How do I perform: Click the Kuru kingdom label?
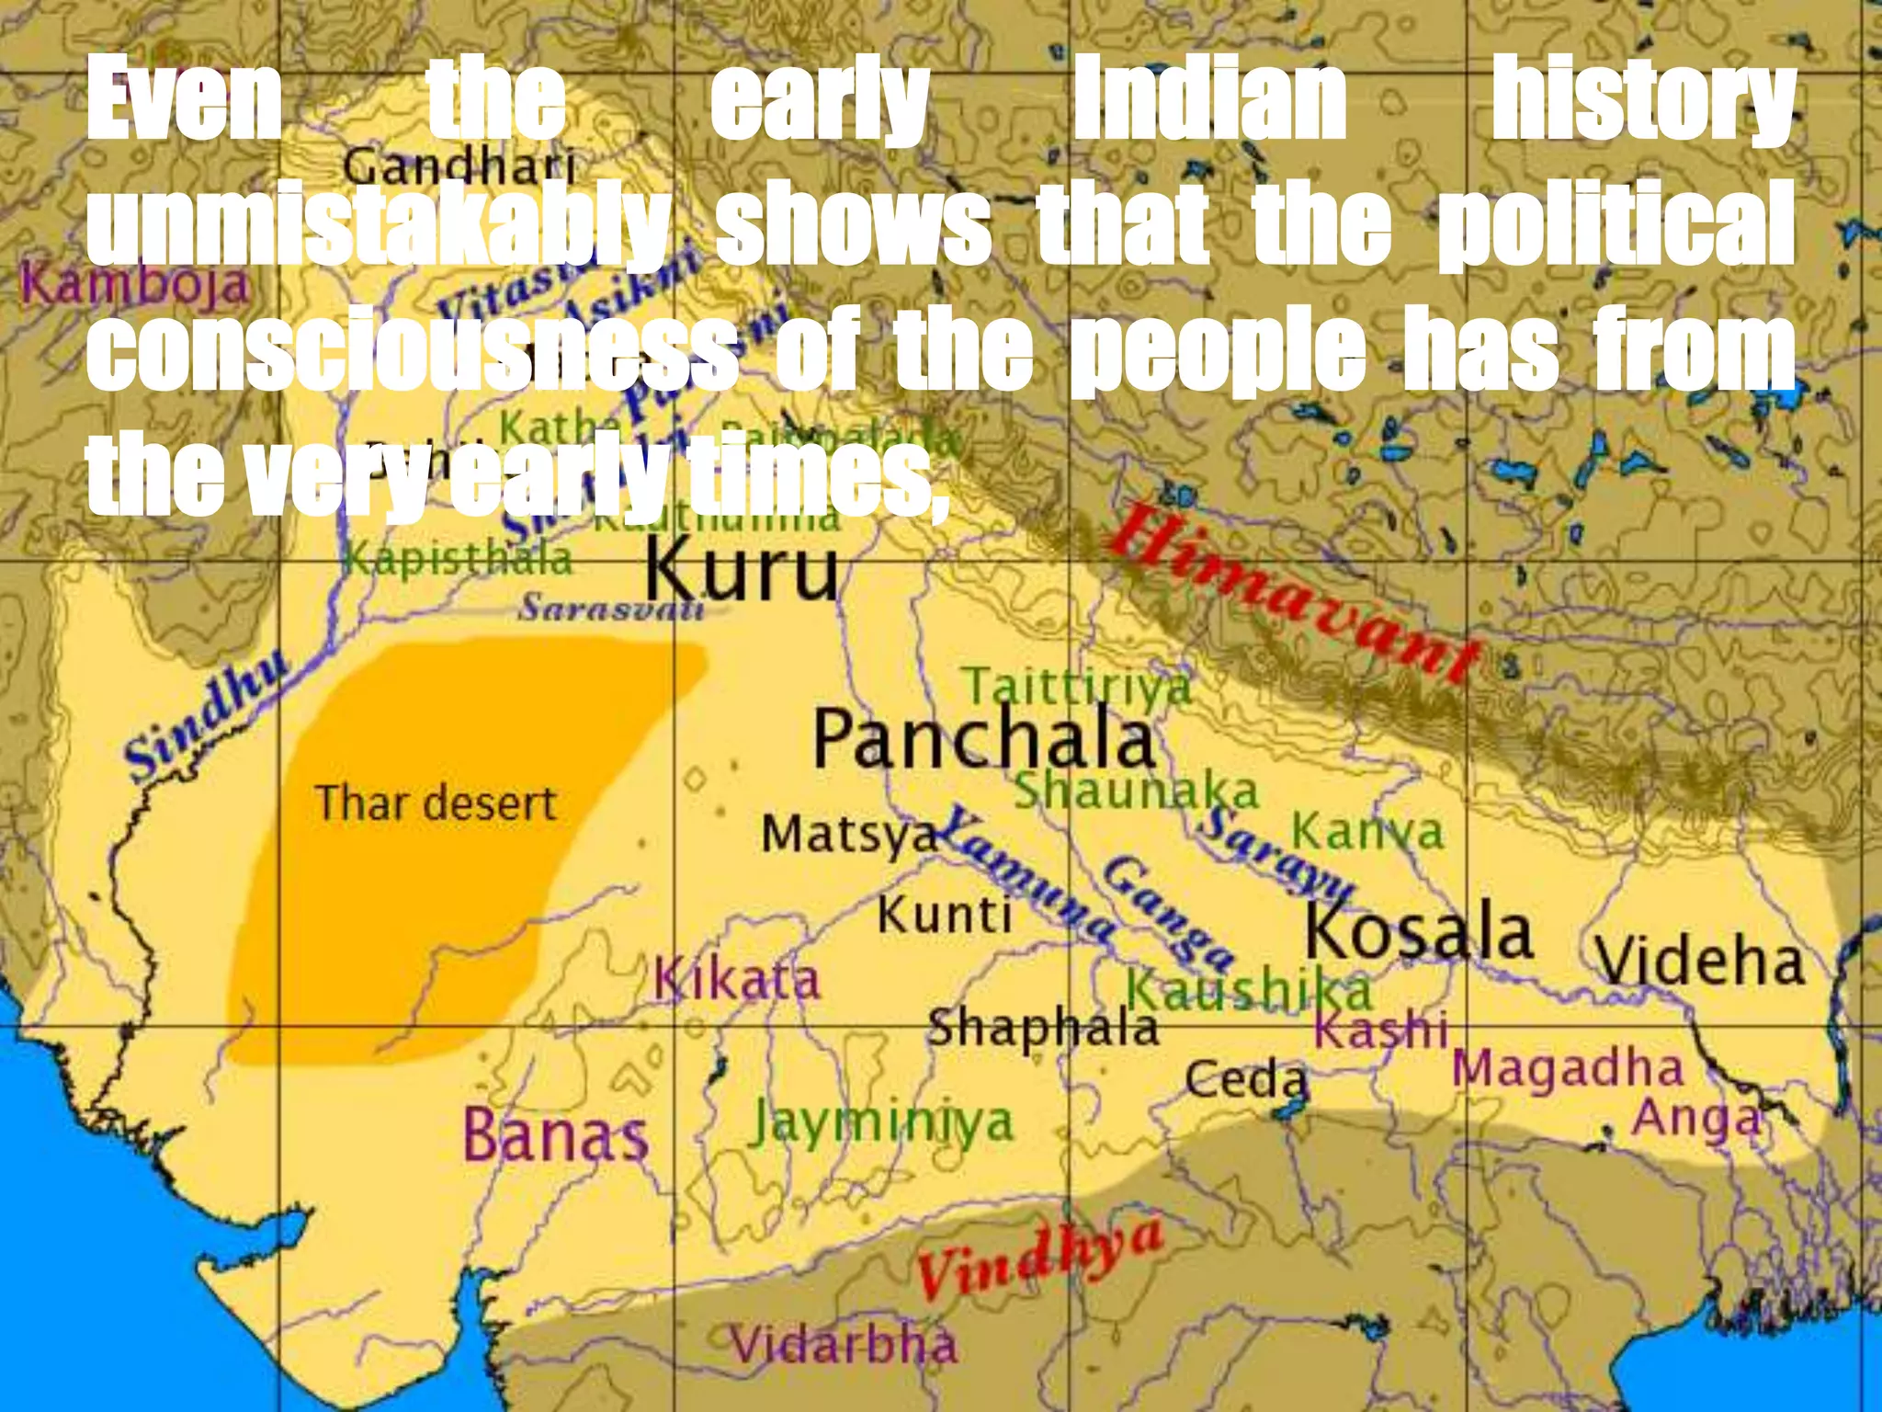point(742,571)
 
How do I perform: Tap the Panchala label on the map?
point(983,740)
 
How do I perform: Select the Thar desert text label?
point(436,803)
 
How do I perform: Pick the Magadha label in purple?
point(1568,1068)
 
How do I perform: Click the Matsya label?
point(847,835)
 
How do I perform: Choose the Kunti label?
point(944,915)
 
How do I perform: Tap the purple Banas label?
point(556,1135)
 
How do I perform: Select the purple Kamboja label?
point(136,284)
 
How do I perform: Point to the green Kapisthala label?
point(459,559)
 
